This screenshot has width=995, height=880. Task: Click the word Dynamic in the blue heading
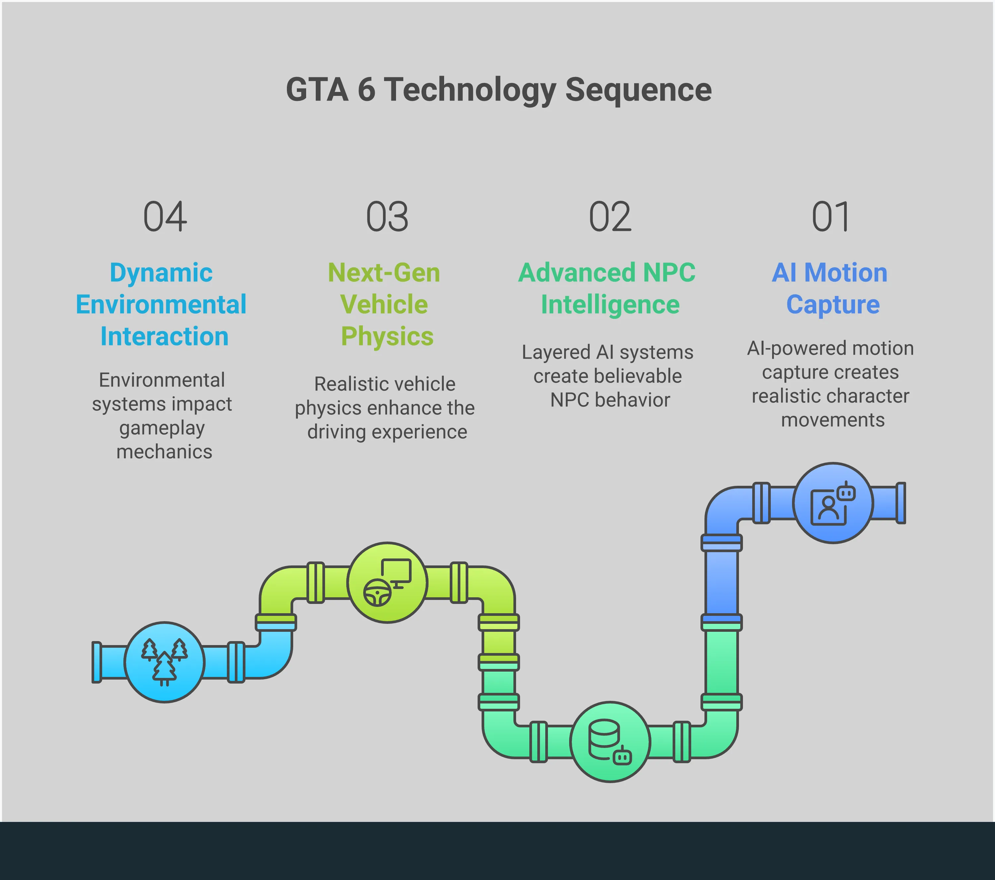point(161,273)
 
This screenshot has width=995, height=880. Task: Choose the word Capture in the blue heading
point(832,305)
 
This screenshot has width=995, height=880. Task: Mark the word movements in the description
point(832,420)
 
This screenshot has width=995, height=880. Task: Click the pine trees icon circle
point(165,662)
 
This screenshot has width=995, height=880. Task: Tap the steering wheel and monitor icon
point(387,582)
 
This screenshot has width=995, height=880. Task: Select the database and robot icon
point(610,742)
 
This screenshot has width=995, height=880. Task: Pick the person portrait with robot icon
point(832,503)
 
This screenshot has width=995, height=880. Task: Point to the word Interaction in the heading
point(164,336)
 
